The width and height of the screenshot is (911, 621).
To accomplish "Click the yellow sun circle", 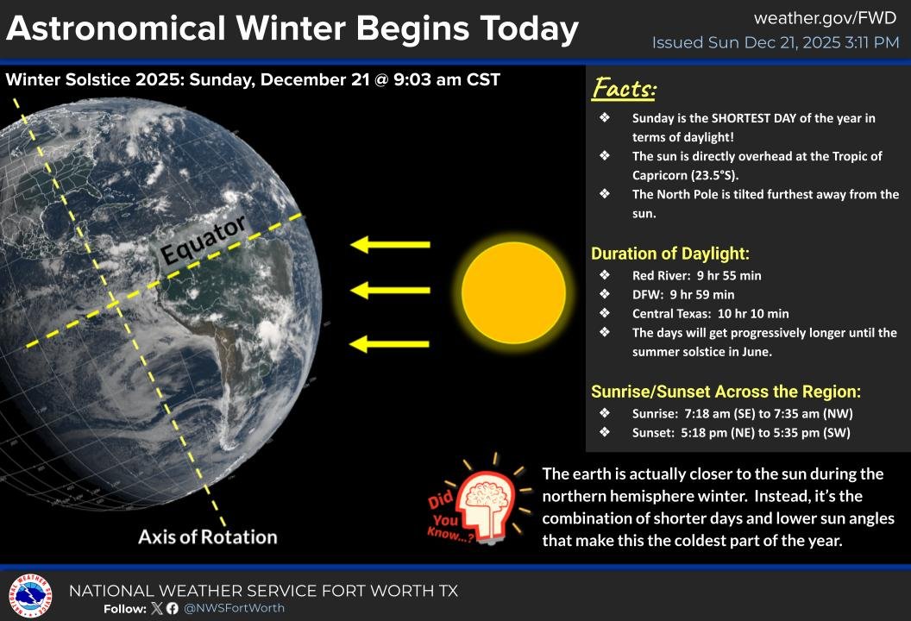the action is pyautogui.click(x=513, y=292).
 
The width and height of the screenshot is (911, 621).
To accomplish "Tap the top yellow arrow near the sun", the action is pyautogui.click(x=390, y=244).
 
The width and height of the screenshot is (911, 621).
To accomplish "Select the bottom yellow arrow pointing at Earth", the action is pyautogui.click(x=390, y=343).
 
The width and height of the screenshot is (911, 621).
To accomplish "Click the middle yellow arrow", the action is pyautogui.click(x=390, y=289).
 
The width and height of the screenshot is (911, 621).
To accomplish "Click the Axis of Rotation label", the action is pyautogui.click(x=207, y=536).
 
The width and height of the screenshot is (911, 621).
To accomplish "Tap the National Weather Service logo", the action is pyautogui.click(x=30, y=595).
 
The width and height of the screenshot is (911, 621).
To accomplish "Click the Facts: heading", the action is pyautogui.click(x=624, y=88).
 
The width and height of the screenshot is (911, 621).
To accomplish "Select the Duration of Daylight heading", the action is pyautogui.click(x=670, y=254).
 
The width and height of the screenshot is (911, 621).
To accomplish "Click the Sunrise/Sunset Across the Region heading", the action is pyautogui.click(x=726, y=392).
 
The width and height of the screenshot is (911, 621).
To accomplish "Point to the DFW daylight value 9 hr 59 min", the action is pyautogui.click(x=702, y=294).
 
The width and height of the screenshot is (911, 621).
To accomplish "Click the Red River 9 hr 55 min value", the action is pyautogui.click(x=729, y=275).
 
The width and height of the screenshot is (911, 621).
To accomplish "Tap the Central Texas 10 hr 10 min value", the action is pyautogui.click(x=753, y=314).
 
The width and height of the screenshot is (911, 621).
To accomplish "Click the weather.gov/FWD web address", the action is pyautogui.click(x=825, y=18).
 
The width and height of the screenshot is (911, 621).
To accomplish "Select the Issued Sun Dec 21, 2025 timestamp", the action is pyautogui.click(x=776, y=42).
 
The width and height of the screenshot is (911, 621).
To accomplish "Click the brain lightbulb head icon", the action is pyautogui.click(x=487, y=505).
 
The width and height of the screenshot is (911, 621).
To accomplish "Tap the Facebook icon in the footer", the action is pyautogui.click(x=172, y=608).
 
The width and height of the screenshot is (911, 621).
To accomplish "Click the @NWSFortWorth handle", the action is pyautogui.click(x=234, y=608).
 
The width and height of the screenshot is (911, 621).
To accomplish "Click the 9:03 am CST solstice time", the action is pyautogui.click(x=447, y=79).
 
